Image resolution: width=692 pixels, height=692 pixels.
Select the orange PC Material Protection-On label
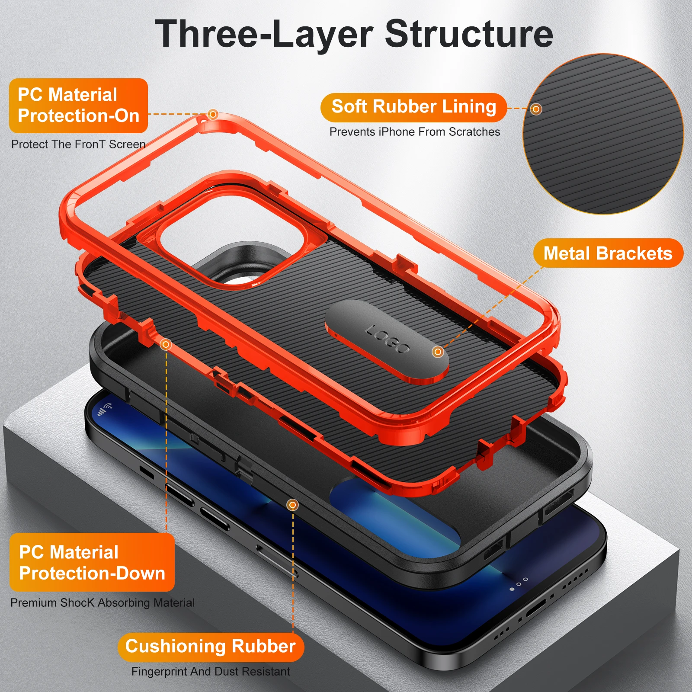coord(78,106)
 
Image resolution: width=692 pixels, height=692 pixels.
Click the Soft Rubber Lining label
coord(413,107)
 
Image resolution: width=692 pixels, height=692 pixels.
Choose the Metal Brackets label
coord(608,253)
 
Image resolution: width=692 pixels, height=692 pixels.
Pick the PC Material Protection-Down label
coord(92,562)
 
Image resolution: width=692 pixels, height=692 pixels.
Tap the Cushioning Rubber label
coord(211,647)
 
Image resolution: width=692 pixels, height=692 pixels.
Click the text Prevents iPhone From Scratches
coord(415,132)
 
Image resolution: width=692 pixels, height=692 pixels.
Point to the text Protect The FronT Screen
coord(78,144)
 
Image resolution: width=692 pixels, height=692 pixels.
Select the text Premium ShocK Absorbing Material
coord(103,602)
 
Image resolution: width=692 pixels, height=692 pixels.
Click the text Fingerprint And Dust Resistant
coord(211,672)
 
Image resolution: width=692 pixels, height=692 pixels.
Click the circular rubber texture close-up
coord(603,134)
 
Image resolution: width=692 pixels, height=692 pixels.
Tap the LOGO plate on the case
coord(387,342)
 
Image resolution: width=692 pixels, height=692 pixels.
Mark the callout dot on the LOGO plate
coord(438,352)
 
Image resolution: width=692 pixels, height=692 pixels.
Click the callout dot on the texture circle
coord(536,109)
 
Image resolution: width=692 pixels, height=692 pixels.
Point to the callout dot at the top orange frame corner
coord(212,114)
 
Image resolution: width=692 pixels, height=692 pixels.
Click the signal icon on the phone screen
coord(105,409)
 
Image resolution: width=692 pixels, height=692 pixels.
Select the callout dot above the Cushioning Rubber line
coord(293,505)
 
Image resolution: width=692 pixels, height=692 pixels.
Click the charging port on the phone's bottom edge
coord(536,609)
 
